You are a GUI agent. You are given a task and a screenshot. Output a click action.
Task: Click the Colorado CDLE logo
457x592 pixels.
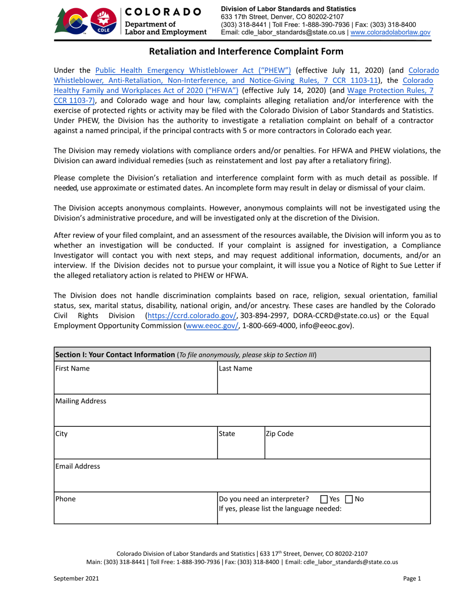pyautogui.click(x=86, y=22)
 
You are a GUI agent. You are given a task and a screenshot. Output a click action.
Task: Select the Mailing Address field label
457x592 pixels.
pyautogui.click(x=80, y=401)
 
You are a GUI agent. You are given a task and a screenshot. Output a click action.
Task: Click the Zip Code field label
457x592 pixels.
pyautogui.click(x=279, y=433)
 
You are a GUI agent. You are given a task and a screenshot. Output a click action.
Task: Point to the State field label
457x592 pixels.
pyautogui.click(x=228, y=433)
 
